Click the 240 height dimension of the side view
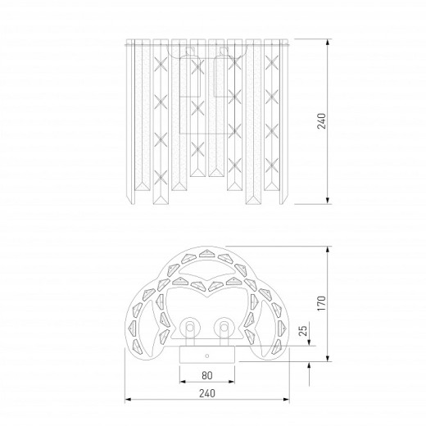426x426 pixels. point(322,120)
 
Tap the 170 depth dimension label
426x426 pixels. point(322,303)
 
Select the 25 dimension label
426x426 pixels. point(303,330)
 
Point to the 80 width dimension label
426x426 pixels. point(207,375)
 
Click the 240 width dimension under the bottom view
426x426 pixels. point(207,393)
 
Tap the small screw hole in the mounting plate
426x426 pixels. point(207,356)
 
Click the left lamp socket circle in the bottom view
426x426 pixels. point(189,327)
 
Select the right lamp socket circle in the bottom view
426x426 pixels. point(224,327)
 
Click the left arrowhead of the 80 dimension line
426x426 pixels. point(183,382)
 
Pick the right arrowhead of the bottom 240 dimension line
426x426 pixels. point(287,400)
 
